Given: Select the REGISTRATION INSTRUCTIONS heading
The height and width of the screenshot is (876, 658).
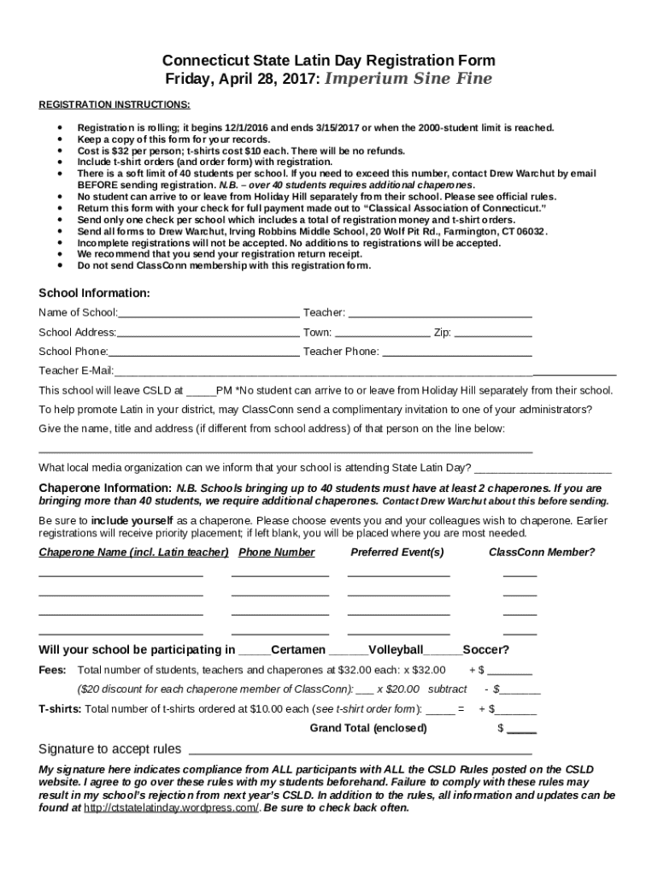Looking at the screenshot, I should [115, 104].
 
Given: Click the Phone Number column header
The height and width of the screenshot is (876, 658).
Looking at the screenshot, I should [277, 553].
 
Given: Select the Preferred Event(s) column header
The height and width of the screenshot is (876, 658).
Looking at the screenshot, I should [397, 553].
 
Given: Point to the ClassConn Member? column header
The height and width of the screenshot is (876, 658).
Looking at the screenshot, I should [542, 553].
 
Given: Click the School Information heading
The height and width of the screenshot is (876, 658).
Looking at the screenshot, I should [94, 293].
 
